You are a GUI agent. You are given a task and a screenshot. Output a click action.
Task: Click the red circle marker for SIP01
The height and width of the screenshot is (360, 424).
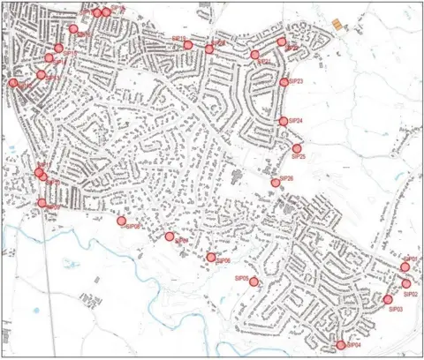(405, 266)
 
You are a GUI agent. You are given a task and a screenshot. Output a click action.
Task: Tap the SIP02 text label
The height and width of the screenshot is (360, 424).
(409, 294)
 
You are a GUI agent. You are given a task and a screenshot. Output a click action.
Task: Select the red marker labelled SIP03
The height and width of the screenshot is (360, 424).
(388, 300)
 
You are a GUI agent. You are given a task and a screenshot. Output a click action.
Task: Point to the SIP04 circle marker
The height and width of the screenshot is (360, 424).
(341, 345)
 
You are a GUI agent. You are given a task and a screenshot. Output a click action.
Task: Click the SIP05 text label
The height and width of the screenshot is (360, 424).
(240, 278)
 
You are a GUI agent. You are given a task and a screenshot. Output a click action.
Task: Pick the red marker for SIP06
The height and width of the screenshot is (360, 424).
(211, 258)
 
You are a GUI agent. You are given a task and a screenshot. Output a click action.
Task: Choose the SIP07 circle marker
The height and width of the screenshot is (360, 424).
(169, 236)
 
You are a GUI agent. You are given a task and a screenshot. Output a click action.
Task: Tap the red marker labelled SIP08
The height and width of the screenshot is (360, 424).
(122, 221)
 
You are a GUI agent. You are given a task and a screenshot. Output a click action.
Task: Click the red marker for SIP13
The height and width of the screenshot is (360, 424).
(42, 74)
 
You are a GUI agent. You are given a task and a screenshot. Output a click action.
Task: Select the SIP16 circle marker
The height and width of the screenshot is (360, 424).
(73, 29)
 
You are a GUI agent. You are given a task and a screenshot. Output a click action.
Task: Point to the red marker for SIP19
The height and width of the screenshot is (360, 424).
(188, 44)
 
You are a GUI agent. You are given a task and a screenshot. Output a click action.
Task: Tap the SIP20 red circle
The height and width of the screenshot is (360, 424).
(209, 49)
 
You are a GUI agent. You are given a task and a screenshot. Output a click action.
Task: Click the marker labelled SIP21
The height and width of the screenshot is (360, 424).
(254, 55)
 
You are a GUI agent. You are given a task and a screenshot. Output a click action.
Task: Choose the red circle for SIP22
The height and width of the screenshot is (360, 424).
(282, 41)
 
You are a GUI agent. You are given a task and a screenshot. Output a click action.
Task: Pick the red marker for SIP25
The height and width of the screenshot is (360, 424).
(296, 148)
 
